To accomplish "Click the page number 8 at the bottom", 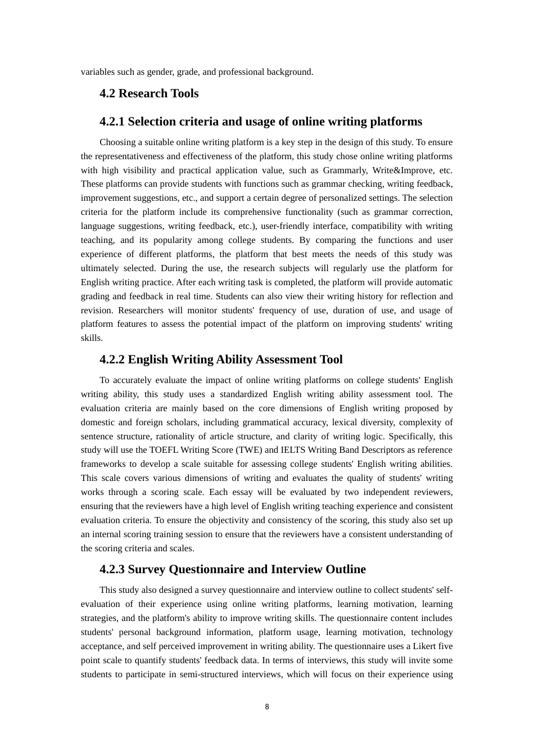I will pos(267,707).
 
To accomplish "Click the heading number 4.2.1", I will pos(112,121).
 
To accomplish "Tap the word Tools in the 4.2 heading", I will pos(182,93).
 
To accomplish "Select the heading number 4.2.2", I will pos(112,359).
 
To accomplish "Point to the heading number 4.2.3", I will pos(112,569).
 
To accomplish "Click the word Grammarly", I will pos(344,170).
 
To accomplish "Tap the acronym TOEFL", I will pos(162,450).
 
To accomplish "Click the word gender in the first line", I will pos(159,72).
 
